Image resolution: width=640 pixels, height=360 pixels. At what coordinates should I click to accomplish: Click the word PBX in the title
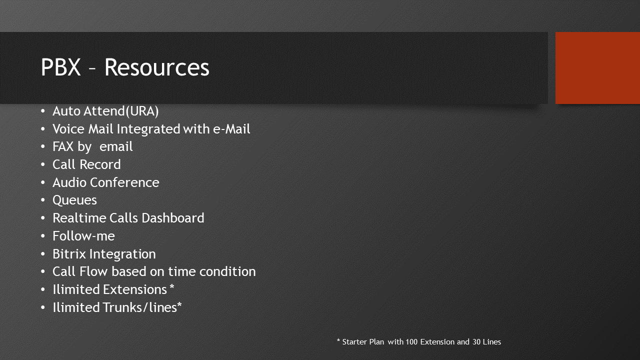(61, 67)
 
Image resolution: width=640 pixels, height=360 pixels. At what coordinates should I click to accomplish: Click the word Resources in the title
(157, 67)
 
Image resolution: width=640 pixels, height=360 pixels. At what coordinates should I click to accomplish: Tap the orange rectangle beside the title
(597, 68)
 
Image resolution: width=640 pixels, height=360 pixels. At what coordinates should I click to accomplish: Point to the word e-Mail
(231, 129)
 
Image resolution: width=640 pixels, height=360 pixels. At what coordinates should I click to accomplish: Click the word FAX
(63, 146)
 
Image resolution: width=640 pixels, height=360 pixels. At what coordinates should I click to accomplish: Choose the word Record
(100, 164)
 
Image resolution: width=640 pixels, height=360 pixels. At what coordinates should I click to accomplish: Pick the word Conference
(124, 182)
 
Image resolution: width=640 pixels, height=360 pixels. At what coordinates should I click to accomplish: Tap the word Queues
(75, 200)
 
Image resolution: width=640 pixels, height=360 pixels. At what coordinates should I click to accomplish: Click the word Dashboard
(173, 218)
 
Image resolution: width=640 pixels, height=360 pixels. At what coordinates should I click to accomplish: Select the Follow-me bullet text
(83, 236)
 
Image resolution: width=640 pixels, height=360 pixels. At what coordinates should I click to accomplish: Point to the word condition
(227, 271)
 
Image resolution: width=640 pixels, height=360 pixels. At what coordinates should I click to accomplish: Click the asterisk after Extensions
(171, 286)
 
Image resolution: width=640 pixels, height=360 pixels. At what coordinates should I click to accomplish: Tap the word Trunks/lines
(139, 307)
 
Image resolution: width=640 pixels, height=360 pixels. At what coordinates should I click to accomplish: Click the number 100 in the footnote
(411, 342)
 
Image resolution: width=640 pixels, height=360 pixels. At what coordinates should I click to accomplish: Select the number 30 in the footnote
(476, 342)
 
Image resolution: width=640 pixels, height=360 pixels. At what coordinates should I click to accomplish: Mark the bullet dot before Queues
(43, 200)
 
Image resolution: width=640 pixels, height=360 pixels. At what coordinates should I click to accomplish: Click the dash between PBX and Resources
(92, 69)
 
